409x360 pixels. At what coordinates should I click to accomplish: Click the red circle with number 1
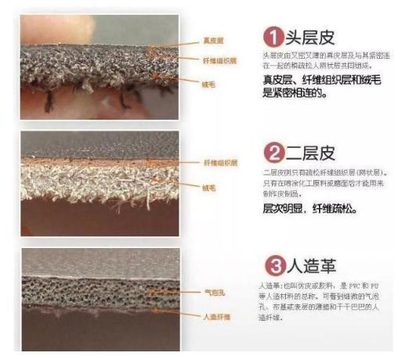point(271,36)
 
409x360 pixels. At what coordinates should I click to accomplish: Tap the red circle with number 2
point(271,150)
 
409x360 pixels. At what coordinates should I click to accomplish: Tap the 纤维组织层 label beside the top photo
point(221,58)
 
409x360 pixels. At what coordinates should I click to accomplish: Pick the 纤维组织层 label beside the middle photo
point(221,163)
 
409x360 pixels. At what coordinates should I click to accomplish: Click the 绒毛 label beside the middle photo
point(209,189)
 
